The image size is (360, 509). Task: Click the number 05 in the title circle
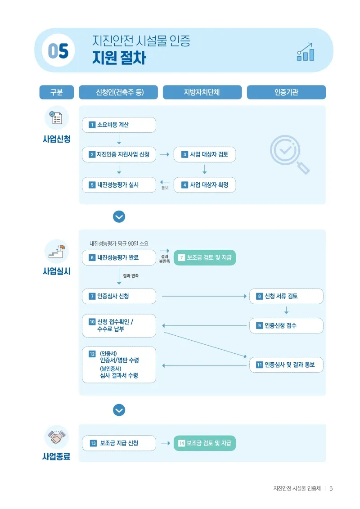pyautogui.click(x=58, y=51)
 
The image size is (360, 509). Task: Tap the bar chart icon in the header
pyautogui.click(x=305, y=52)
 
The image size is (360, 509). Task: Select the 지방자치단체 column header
pyautogui.click(x=202, y=92)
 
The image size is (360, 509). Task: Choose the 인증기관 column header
pyautogui.click(x=286, y=92)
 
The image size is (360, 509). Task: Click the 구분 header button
pyautogui.click(x=57, y=92)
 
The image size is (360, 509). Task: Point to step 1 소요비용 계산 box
pyautogui.click(x=119, y=125)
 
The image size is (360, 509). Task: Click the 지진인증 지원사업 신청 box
pyautogui.click(x=119, y=154)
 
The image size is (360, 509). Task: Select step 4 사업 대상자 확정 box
pyautogui.click(x=204, y=185)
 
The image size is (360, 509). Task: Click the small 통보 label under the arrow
pyautogui.click(x=165, y=188)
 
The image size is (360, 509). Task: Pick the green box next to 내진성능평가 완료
pyautogui.click(x=204, y=258)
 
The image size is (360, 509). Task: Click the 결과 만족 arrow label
pyautogui.click(x=131, y=276)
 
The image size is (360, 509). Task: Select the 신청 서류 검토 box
pyautogui.click(x=286, y=296)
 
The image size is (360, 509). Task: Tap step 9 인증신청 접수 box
pyautogui.click(x=286, y=325)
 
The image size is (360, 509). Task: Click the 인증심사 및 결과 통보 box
pyautogui.click(x=286, y=365)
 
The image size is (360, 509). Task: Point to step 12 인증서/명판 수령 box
pyautogui.click(x=119, y=365)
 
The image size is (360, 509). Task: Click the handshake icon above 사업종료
pyautogui.click(x=57, y=437)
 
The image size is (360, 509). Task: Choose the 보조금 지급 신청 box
pyautogui.click(x=119, y=443)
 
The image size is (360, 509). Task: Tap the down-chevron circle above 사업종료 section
pyautogui.click(x=119, y=410)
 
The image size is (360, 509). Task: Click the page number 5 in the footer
pyautogui.click(x=331, y=489)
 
